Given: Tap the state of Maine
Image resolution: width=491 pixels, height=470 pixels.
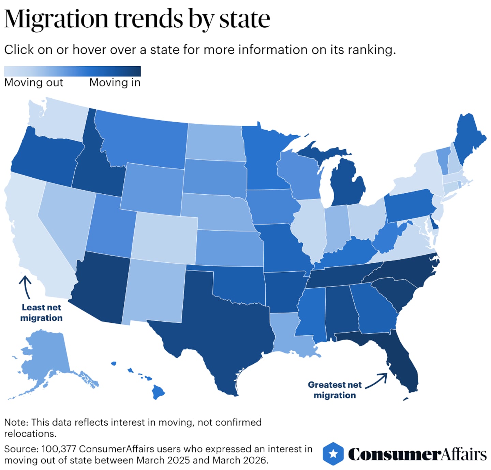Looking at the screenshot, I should pos(469,140).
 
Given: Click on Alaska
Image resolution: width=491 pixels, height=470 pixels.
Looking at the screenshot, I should pos(44,359).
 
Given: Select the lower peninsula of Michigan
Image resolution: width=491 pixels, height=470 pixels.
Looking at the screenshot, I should pos(348,184).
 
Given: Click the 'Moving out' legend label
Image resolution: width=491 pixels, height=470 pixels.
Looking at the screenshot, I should pos(34,83).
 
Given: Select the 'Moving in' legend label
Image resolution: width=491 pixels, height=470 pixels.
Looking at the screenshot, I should pos(115,83).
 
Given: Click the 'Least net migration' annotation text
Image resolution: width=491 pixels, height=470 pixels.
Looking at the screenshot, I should pos(41,313).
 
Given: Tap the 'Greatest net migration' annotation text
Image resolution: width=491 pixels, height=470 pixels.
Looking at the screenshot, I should pos(334,390).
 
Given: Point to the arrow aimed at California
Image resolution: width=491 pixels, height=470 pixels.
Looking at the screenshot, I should pos(26,286).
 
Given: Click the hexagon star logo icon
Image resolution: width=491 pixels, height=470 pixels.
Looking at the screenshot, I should pos(333,454).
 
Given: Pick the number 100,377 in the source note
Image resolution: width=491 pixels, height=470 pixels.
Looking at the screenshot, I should pos(58,449).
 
